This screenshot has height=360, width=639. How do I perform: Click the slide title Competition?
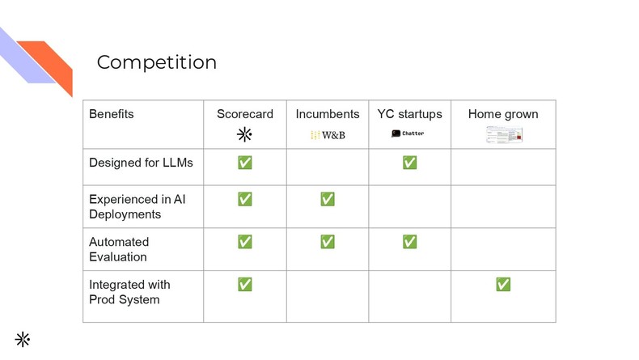click(157, 62)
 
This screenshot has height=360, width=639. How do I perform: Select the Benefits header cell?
click(112, 114)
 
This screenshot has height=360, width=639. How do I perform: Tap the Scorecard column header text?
click(245, 114)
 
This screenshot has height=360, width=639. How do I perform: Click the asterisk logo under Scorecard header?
click(244, 134)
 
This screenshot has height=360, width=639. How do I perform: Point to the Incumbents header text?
click(328, 114)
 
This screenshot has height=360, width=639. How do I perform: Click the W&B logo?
click(328, 135)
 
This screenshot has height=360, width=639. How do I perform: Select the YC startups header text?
click(409, 114)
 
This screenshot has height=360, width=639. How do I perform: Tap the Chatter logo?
click(408, 133)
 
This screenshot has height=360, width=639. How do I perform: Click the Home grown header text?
click(503, 114)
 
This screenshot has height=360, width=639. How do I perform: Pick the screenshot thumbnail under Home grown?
click(504, 135)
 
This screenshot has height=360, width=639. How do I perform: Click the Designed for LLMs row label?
click(142, 163)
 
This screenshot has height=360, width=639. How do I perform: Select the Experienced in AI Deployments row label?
click(137, 206)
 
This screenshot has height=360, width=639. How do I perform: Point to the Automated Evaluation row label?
click(119, 249)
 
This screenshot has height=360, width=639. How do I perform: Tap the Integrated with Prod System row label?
click(129, 292)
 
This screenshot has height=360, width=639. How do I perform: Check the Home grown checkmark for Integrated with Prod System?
click(503, 284)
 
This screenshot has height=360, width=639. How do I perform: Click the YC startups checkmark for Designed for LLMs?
click(409, 163)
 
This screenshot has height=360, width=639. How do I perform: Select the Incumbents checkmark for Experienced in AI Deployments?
click(328, 199)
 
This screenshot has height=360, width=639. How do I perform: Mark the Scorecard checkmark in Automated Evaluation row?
click(245, 242)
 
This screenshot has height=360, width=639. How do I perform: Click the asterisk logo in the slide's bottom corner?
click(22, 339)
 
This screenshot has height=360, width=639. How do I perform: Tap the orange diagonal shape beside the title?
click(50, 65)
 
